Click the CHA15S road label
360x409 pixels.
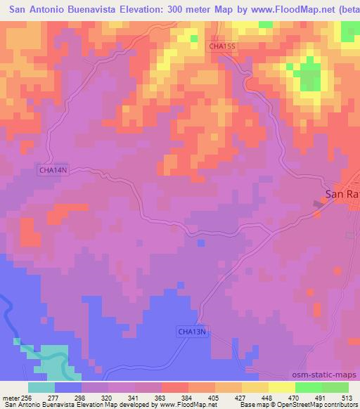(223, 46)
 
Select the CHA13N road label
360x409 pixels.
(192, 331)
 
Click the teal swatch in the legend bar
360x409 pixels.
(41, 387)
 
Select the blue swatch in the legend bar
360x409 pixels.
(68, 387)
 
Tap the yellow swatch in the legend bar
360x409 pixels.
(281, 387)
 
